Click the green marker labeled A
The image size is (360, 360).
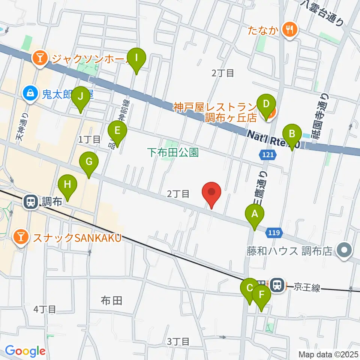255,215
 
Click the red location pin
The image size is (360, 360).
211,193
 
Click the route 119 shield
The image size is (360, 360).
274,233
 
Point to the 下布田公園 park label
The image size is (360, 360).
172,153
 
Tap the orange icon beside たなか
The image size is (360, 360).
289,29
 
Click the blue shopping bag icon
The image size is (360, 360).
30,92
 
